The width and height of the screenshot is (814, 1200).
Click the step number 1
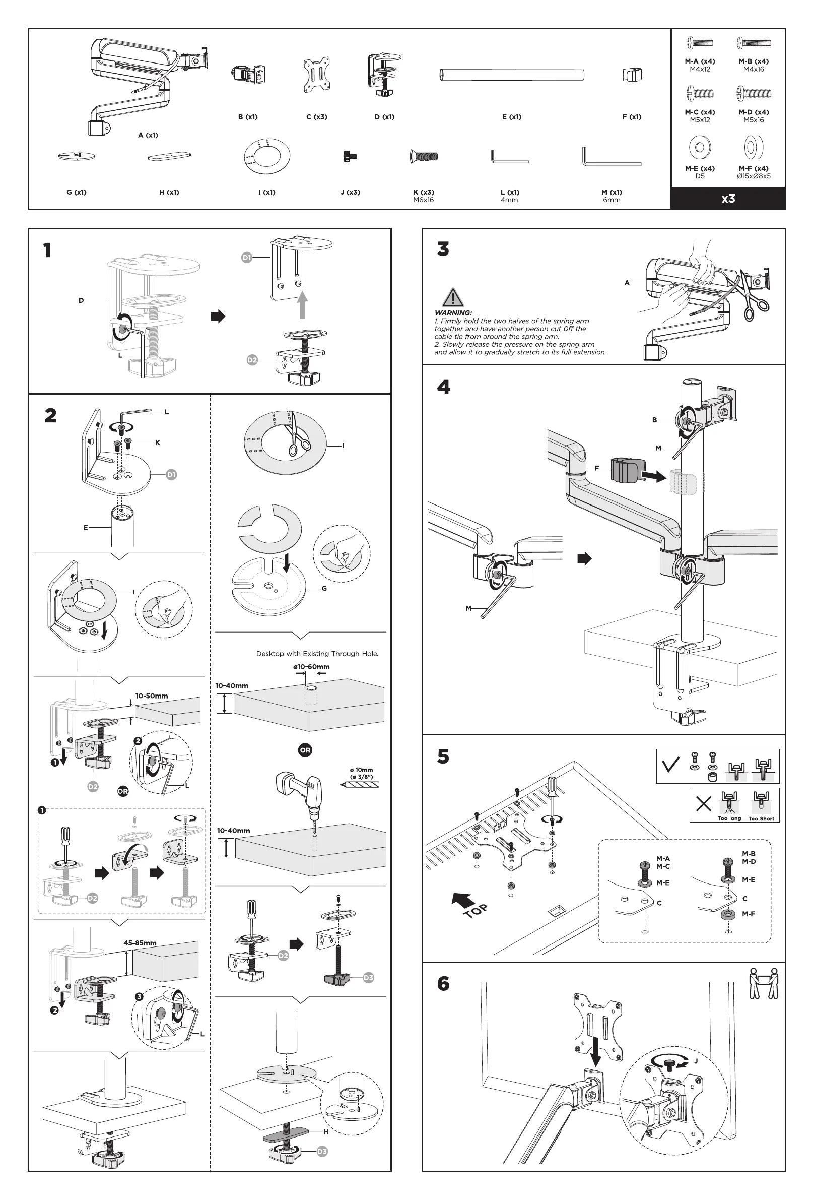coord(47,250)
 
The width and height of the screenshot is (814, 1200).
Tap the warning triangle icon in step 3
coord(453,298)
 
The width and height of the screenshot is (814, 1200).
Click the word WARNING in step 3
coord(453,313)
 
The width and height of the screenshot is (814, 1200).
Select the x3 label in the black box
coord(728,199)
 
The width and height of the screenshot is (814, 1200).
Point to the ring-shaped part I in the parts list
coord(266,155)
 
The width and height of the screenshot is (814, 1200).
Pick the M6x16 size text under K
coord(423,200)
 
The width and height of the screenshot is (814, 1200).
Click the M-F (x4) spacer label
coord(753,168)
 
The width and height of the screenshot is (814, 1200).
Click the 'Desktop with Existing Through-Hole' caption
coord(317,654)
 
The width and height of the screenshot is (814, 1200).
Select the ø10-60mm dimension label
coord(311,667)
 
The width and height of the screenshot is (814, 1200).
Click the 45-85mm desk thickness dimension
coord(140,943)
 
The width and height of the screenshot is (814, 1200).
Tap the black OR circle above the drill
coord(305,750)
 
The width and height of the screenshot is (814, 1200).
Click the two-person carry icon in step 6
coord(763,984)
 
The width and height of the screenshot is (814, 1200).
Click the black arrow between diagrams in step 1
coord(218,316)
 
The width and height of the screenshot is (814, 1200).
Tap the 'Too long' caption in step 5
coord(729,818)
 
